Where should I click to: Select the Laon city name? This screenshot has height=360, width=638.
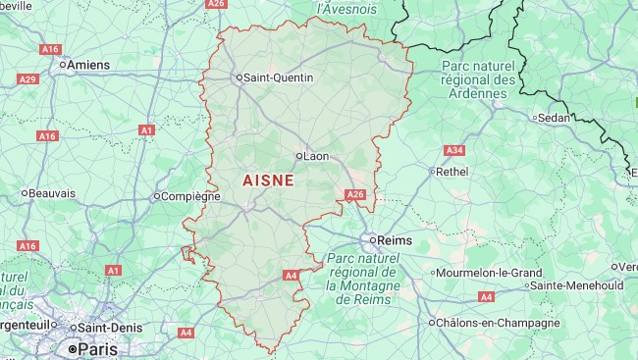pos(316,155)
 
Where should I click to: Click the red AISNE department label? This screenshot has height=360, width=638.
pos(268,181)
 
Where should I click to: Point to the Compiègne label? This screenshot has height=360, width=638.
pos(190,196)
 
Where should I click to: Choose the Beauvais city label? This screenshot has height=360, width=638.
pos(53,193)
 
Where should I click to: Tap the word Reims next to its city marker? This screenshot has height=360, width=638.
pos(396,240)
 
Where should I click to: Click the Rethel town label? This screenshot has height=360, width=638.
pos(452,171)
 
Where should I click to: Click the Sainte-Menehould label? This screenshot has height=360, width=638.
pos(576,285)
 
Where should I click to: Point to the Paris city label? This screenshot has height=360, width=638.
pos(97,348)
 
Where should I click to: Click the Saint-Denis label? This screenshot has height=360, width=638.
pos(112,328)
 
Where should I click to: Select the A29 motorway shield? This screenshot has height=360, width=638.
pos(27,78)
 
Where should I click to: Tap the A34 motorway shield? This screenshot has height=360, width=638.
pos(453,150)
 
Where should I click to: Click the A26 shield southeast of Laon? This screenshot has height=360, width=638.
pos(355,195)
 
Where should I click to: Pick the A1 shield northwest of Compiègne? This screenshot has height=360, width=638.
pos(146,129)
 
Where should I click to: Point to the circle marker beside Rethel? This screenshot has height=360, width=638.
pos(432,171)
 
